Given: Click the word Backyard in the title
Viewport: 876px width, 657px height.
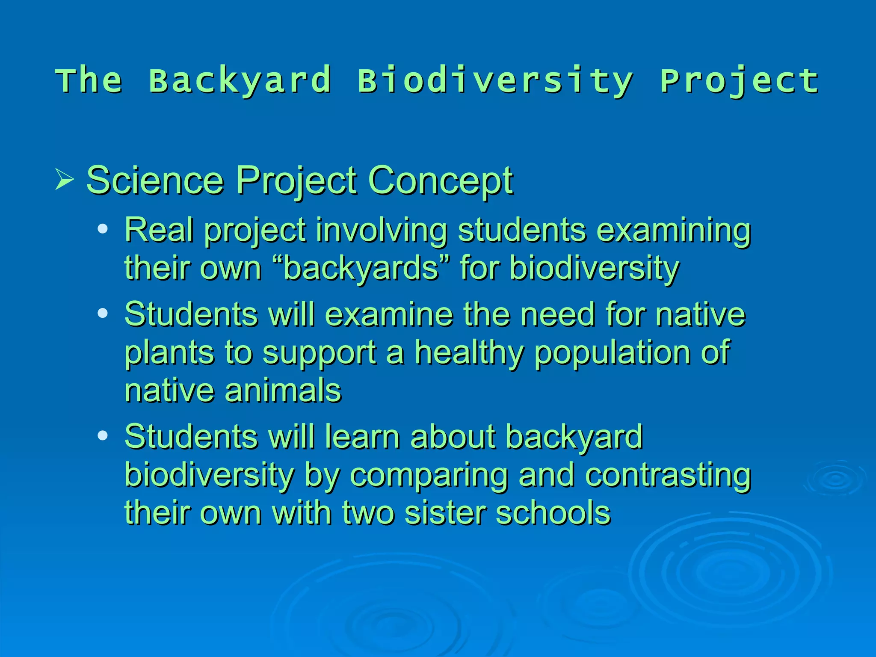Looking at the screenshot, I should (240, 80).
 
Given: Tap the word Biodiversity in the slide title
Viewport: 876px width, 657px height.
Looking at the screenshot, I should (495, 80).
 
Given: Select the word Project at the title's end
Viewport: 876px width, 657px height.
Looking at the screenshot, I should (739, 80).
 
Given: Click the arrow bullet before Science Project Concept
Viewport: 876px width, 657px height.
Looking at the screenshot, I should (64, 180).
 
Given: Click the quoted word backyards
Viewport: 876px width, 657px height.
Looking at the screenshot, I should (361, 268).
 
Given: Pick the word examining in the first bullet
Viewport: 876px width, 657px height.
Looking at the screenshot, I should (673, 230).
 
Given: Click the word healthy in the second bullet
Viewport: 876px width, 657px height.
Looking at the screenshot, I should (469, 352).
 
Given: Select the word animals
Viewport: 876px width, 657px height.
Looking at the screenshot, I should (283, 391).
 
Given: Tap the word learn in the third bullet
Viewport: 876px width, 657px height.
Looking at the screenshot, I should (362, 437).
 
